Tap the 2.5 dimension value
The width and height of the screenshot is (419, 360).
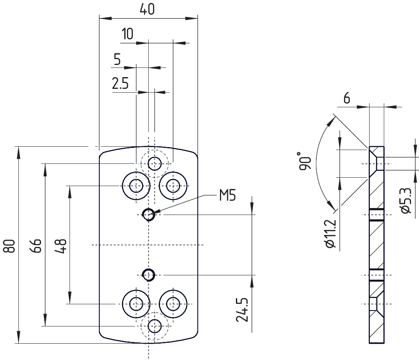(x=120, y=84)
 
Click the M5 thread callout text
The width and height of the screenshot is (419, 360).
(x=228, y=195)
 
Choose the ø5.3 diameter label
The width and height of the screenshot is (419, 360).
(x=406, y=201)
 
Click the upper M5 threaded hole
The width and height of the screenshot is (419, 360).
(x=148, y=215)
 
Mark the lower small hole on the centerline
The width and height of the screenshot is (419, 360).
(x=148, y=275)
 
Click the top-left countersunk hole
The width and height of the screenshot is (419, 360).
(x=136, y=185)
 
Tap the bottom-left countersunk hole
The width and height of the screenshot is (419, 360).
(x=136, y=303)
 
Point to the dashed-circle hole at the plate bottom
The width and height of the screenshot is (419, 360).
(x=155, y=325)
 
